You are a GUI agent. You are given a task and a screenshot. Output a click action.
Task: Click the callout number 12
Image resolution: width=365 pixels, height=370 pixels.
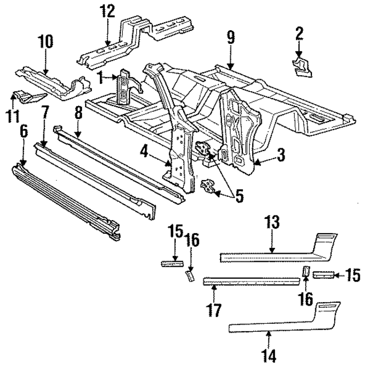pos(107,10)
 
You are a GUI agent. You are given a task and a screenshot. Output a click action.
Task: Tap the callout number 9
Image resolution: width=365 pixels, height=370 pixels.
pos(230,38)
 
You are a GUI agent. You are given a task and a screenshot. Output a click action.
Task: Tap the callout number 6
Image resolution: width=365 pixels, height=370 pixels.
pos(23,132)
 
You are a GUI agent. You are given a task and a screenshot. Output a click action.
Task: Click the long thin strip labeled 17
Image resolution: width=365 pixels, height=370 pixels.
pos(251,280)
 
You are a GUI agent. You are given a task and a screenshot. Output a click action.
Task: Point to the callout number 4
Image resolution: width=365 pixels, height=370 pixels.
pos(145,152)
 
